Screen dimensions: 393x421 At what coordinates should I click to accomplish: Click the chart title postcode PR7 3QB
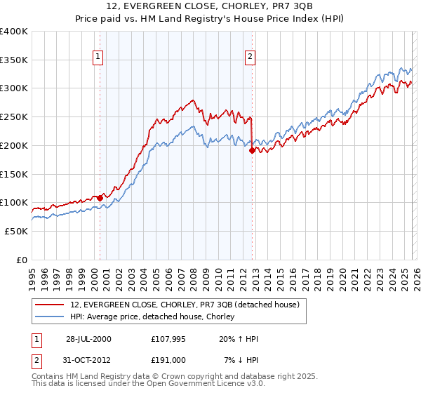click(294, 7)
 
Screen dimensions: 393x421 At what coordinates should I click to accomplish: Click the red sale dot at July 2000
click(100, 198)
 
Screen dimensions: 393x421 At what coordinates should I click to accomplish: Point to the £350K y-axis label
click(14, 60)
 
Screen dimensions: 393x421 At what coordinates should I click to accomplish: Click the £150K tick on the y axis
click(14, 174)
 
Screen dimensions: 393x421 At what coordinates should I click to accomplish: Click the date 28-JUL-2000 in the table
click(88, 339)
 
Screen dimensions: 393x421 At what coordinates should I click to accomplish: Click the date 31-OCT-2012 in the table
click(88, 360)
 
